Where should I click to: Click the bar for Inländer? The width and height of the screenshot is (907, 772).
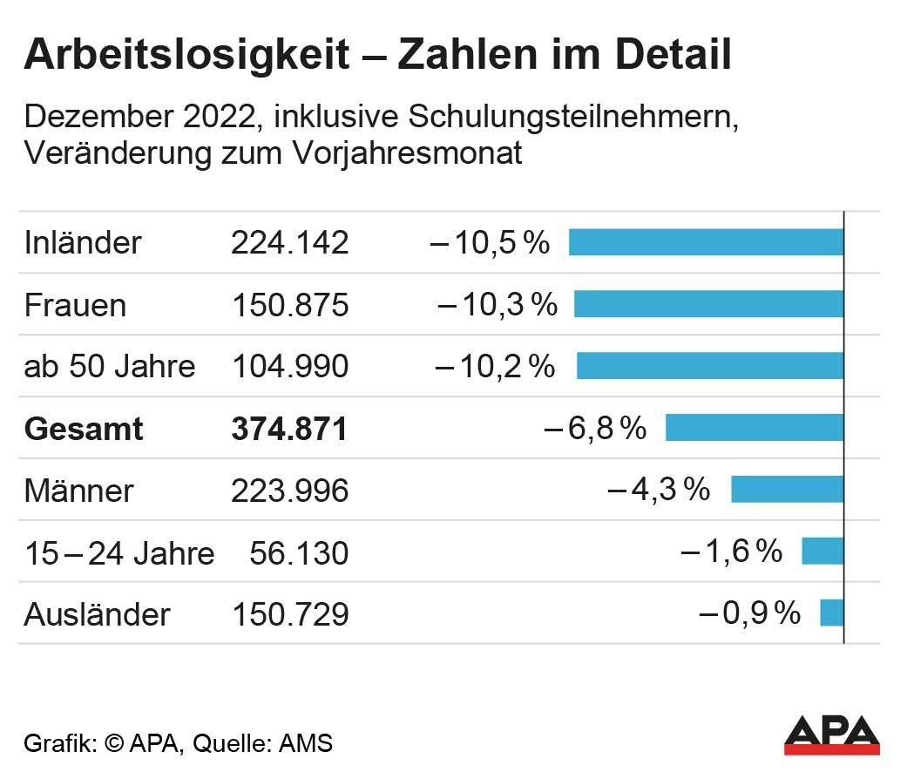click(x=706, y=242)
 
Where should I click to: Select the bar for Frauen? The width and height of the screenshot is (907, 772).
click(x=708, y=304)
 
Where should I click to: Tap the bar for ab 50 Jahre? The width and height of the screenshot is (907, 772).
click(x=710, y=366)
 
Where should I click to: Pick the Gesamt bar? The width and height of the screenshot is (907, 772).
click(x=755, y=428)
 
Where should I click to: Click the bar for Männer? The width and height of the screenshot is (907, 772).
click(x=787, y=490)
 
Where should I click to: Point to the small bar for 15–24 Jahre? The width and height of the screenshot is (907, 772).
click(x=822, y=552)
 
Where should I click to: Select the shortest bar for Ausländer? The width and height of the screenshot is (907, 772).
click(x=831, y=613)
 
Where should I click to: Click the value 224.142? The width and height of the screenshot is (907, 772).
click(x=289, y=243)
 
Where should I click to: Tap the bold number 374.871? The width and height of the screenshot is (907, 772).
click(x=289, y=429)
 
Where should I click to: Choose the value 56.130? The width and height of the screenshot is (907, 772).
click(x=299, y=552)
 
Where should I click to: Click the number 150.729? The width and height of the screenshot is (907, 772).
click(x=289, y=614)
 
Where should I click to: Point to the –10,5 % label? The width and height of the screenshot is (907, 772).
click(x=491, y=243)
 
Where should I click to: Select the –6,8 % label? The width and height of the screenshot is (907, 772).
click(x=595, y=429)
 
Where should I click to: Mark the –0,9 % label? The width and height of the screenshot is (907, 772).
click(x=749, y=614)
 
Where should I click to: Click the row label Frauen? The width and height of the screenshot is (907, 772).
click(x=75, y=305)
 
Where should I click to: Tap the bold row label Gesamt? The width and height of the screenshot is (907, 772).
click(x=84, y=429)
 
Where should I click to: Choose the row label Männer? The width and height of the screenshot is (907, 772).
click(x=78, y=491)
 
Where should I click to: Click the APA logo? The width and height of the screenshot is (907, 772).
click(x=831, y=735)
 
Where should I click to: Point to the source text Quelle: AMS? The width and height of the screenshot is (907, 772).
click(x=262, y=743)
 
